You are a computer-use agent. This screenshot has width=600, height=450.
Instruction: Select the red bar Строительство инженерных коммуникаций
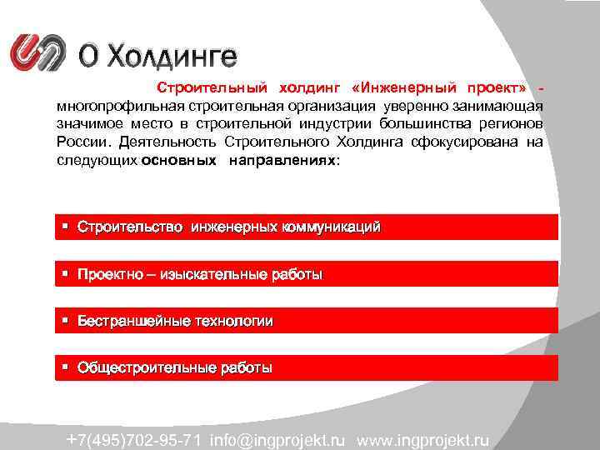coord(307,227)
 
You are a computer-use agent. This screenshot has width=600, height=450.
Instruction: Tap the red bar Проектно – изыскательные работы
coord(307,274)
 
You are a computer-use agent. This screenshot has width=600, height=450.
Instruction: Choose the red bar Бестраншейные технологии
coord(307,321)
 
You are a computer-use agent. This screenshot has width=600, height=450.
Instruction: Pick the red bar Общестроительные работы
coord(307,367)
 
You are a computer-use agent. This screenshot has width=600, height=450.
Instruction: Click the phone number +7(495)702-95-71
coord(134,439)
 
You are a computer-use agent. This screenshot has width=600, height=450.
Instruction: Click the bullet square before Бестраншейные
coord(64,321)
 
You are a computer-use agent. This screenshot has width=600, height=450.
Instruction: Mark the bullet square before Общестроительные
coord(64,367)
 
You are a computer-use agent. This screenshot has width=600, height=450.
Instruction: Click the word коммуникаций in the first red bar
coord(332,227)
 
